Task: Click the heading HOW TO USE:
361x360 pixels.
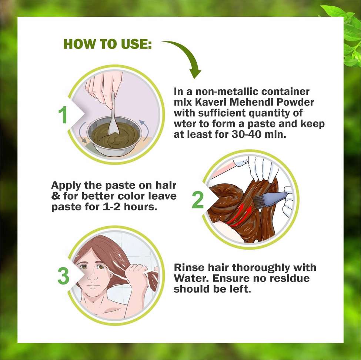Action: [107, 44]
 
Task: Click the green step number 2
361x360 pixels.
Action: [198, 200]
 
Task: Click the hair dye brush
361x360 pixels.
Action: [270, 199]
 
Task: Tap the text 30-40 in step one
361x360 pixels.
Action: [246, 134]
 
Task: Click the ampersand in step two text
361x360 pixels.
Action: [56, 196]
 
